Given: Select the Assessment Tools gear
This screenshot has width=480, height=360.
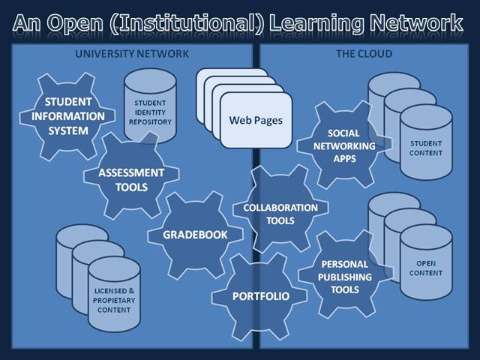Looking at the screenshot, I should click(x=131, y=178).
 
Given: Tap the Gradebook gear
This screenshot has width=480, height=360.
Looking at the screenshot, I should click(x=195, y=234).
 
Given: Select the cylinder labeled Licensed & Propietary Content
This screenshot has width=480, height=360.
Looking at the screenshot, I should click(x=115, y=294).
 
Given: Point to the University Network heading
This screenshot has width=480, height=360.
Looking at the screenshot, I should click(x=133, y=54).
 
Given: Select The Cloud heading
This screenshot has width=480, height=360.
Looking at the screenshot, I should click(x=363, y=54).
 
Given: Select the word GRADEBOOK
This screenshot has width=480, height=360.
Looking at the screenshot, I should click(x=195, y=234).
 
